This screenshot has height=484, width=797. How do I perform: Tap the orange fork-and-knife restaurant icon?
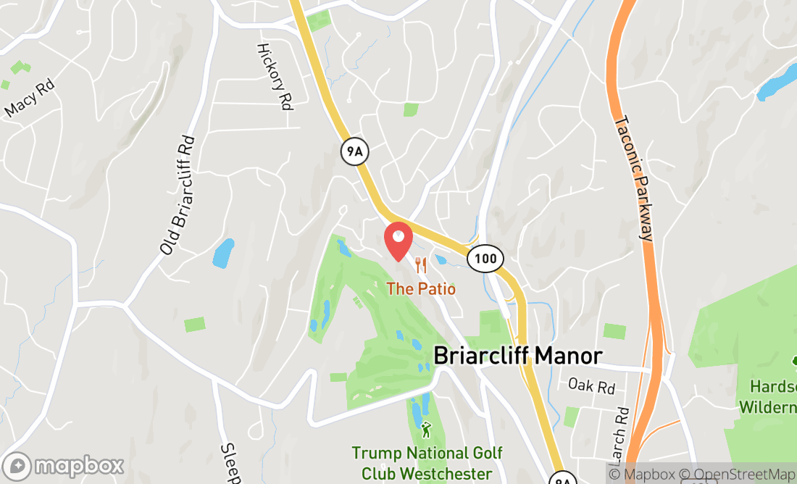pos(420,265)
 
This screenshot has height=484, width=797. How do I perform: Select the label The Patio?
pos(421,289)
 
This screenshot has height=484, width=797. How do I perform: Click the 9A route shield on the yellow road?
pos(352,151)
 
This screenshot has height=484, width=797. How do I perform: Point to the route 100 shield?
pos(485,258)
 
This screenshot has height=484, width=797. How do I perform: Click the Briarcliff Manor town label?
pos(518,356)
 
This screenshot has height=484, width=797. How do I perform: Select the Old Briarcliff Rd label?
pos(178,195)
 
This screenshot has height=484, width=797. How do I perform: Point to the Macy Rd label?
pos(30,99)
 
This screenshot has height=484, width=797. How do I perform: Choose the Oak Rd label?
pos(591,385)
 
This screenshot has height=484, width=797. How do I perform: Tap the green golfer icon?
pos(426,430)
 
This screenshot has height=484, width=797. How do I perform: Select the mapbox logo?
pos(64,466)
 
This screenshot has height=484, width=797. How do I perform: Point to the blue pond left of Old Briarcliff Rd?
pos(223,253)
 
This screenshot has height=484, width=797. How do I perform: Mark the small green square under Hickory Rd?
pos(411,109)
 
